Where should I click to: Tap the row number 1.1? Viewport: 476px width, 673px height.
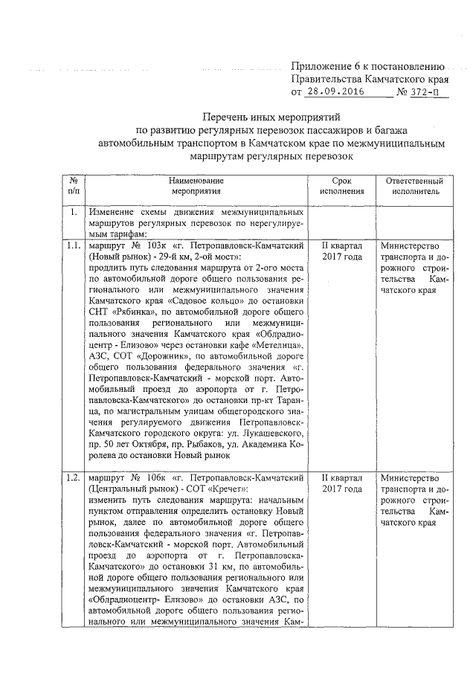pos(74,245)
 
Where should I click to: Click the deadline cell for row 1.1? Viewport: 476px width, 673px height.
pos(341,251)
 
